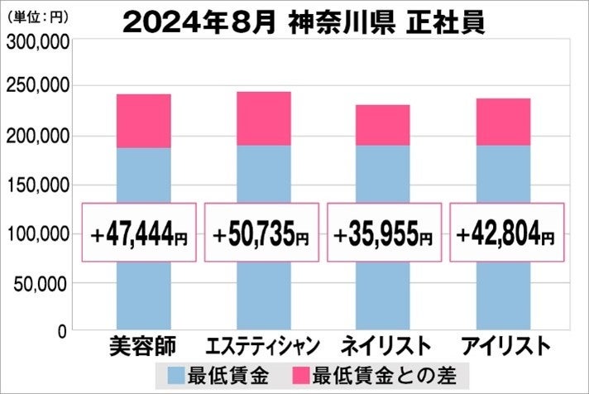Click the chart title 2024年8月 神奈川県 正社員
pos(303,22)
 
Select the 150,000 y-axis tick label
pos(37,185)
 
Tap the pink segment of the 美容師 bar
pos(143,121)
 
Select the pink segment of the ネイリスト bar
pos(383,125)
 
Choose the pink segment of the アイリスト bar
pos(504,122)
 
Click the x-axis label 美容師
pos(142,346)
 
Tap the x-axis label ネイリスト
pos(383,346)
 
